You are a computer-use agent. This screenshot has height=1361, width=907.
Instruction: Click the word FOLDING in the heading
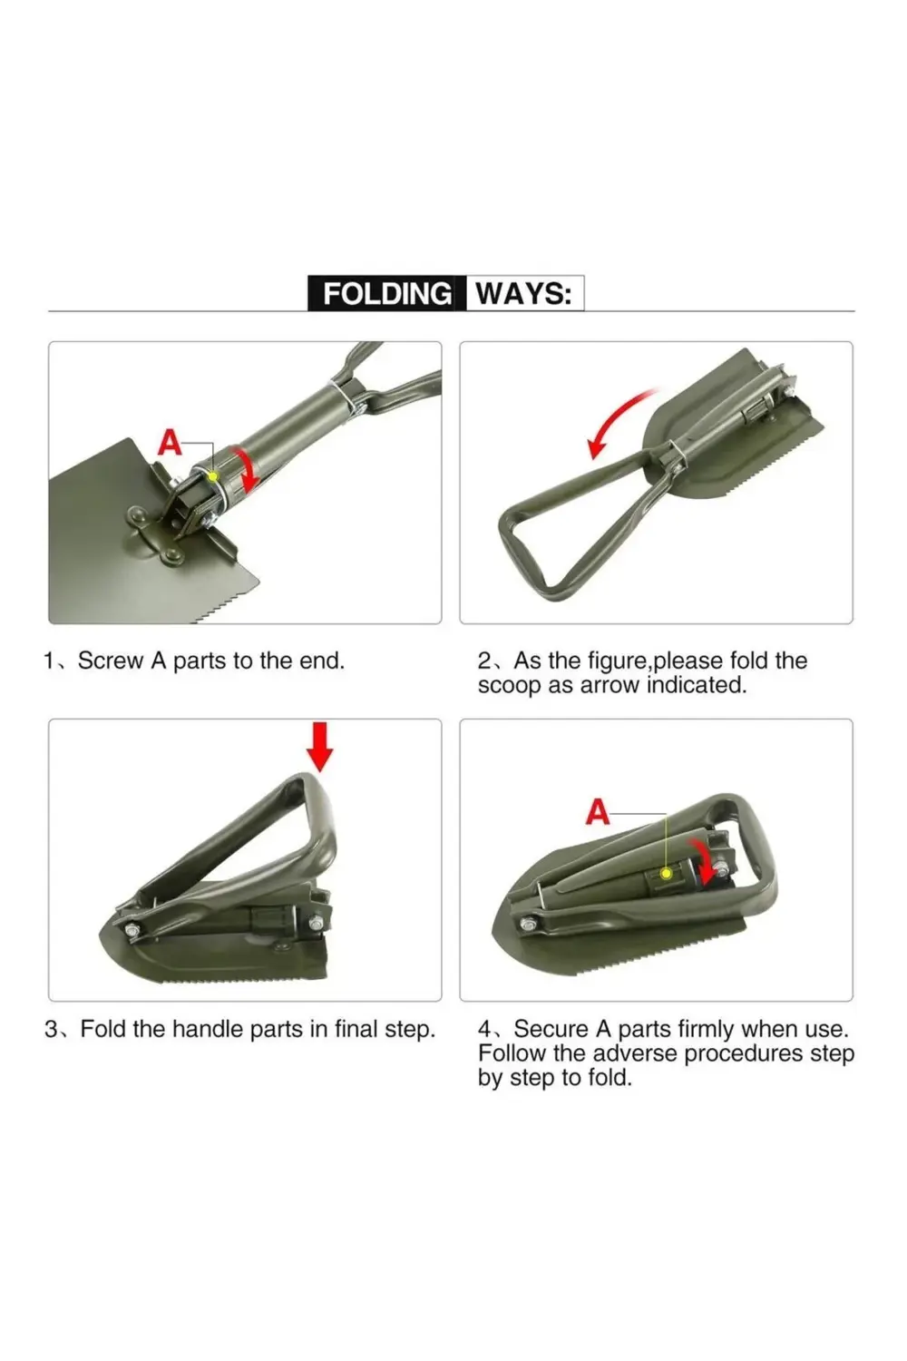[x=386, y=293]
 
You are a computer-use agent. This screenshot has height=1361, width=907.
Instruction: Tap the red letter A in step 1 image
[x=170, y=442]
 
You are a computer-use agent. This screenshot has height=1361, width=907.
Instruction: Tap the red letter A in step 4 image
[x=598, y=812]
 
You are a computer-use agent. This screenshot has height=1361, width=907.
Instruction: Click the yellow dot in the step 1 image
[x=212, y=475]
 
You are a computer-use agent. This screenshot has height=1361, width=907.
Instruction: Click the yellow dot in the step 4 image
[x=667, y=873]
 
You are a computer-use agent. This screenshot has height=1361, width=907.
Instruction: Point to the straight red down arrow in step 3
[x=319, y=746]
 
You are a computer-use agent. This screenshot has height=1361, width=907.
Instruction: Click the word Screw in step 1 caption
[x=110, y=661]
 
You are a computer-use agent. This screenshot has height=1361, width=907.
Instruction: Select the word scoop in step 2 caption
[x=509, y=685]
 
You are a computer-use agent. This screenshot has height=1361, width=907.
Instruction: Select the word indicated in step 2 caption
[x=696, y=685]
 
